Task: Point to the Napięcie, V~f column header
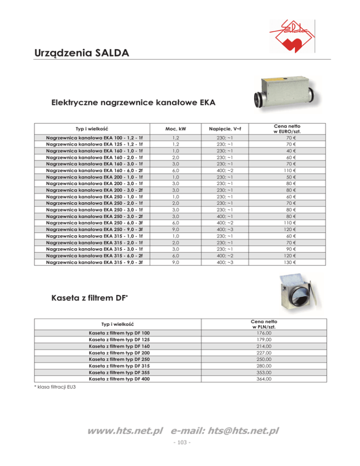click(x=225, y=128)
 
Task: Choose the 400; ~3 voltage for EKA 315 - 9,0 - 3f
click(x=225, y=263)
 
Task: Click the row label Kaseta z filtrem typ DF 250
click(x=120, y=359)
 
